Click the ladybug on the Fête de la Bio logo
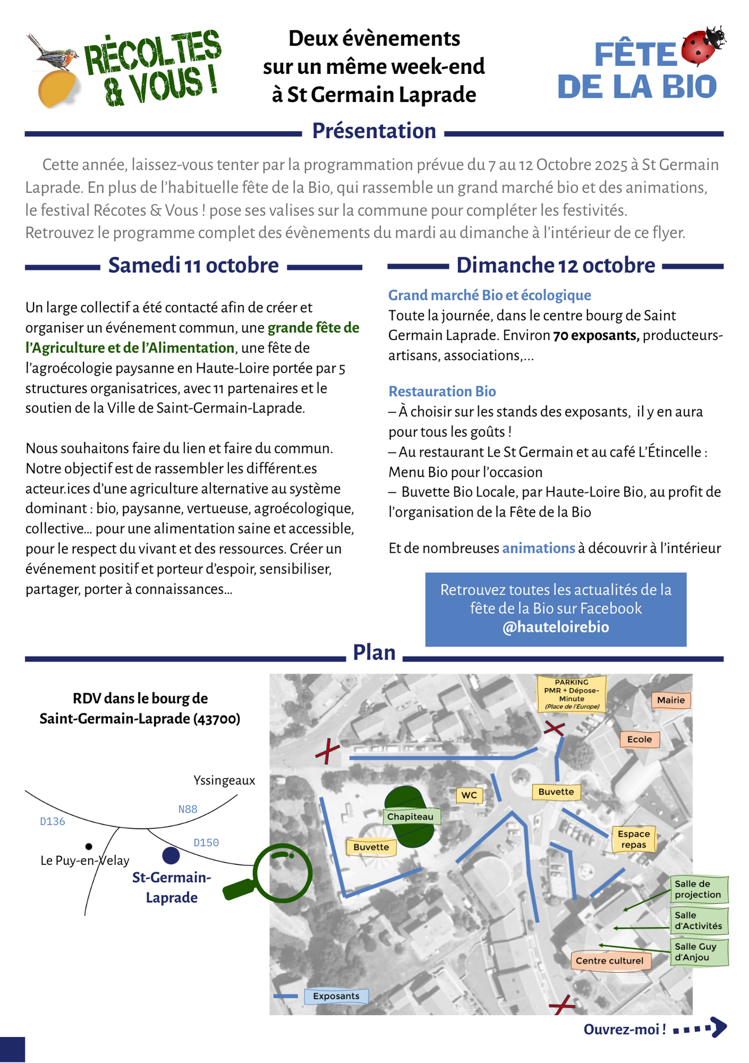703,45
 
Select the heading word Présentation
374,131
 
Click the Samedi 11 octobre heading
193,265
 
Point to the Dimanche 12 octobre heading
556,265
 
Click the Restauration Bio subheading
442,391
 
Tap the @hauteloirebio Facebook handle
556,627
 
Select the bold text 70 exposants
596,335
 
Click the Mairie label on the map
670,700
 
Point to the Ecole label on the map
639,739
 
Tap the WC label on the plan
469,795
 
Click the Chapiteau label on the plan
410,816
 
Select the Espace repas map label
634,839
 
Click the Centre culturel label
609,960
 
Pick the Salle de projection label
698,889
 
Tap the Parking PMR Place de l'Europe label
571,694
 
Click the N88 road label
188,809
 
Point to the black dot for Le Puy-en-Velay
89,846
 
